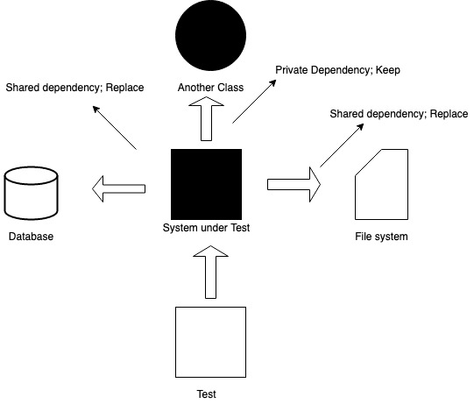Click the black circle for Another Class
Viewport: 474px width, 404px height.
tap(211, 39)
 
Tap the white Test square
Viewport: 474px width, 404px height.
tap(209, 342)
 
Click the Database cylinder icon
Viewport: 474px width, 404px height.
tap(32, 192)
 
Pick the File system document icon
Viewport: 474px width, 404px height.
tap(381, 184)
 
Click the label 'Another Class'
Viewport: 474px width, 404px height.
tap(210, 89)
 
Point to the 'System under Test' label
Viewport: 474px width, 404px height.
tap(208, 229)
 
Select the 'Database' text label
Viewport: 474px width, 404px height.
tap(32, 237)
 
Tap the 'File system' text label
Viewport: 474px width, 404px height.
tap(381, 237)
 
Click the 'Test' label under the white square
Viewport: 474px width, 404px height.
tap(207, 394)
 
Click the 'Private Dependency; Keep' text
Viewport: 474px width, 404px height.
tap(337, 69)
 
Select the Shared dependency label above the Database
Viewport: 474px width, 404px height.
tap(74, 88)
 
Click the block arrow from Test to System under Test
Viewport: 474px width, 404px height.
tap(209, 273)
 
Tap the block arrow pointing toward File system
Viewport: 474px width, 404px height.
tap(294, 185)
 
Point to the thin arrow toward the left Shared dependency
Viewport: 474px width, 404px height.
tap(115, 128)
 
